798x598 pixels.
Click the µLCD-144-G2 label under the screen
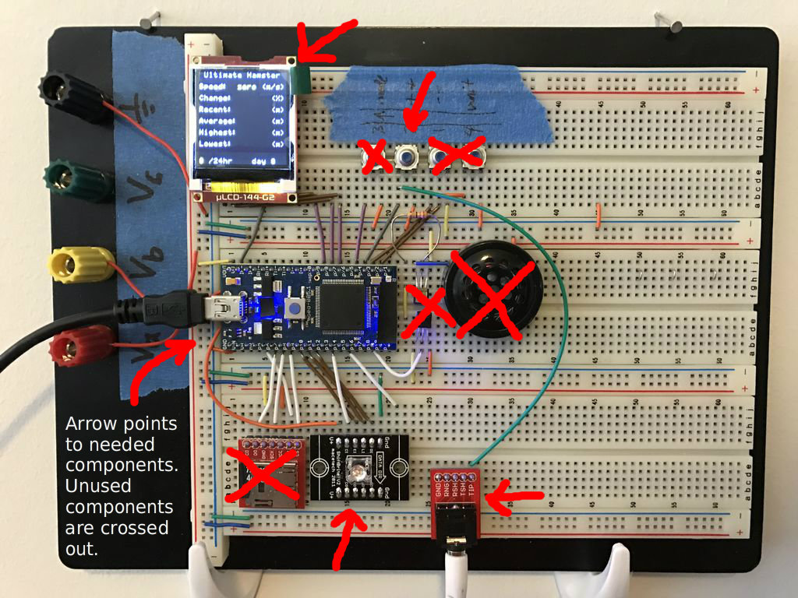click(246, 199)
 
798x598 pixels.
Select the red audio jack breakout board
click(457, 498)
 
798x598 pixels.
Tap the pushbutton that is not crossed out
click(404, 158)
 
